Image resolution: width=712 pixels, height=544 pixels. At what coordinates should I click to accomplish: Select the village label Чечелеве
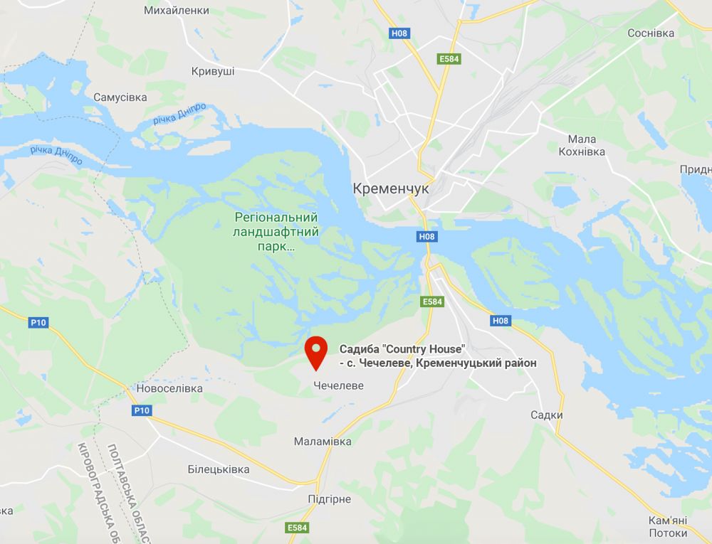[x=338, y=386]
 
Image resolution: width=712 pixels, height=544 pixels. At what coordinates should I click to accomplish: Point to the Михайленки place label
[x=177, y=11]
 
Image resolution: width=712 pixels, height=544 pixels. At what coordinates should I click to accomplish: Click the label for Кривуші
[x=213, y=71]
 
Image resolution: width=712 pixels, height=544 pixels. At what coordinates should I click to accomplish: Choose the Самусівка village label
[x=120, y=97]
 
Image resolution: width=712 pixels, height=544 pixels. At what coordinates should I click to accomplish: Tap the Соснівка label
[x=651, y=33]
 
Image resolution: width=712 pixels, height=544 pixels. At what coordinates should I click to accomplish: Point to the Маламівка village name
[x=323, y=442]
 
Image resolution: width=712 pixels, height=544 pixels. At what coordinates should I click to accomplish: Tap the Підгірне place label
[x=329, y=499]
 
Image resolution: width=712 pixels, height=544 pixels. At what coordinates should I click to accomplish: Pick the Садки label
[x=547, y=415]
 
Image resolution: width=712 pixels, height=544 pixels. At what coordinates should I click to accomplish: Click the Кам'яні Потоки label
[x=668, y=526]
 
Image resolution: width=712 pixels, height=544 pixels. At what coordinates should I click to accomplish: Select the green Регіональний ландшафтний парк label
[x=276, y=233]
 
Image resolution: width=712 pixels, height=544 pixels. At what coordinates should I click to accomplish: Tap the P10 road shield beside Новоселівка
[x=141, y=410]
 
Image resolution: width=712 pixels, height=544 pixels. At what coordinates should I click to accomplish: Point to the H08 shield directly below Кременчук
[x=426, y=237]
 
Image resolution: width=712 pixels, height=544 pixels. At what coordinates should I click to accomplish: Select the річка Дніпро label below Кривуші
[x=179, y=114]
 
